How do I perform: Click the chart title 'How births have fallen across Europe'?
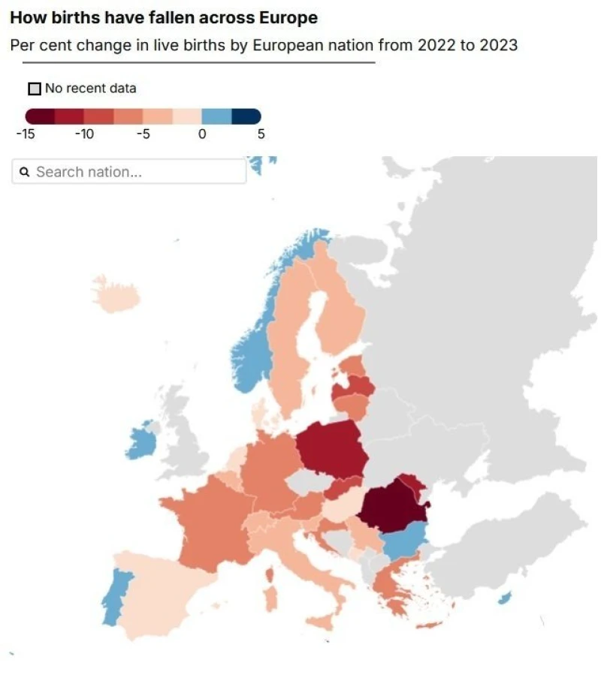tap(164, 18)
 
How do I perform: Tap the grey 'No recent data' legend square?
tap(34, 89)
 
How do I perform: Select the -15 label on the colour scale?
tap(26, 134)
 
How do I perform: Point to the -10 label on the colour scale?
tap(84, 134)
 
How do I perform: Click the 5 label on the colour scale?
tap(261, 134)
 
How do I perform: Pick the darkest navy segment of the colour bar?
tap(246, 116)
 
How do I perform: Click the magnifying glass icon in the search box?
tap(25, 172)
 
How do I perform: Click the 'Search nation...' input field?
tap(135, 172)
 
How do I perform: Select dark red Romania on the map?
tap(392, 511)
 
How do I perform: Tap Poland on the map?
tap(331, 449)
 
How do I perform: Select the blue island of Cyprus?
tap(505, 598)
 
